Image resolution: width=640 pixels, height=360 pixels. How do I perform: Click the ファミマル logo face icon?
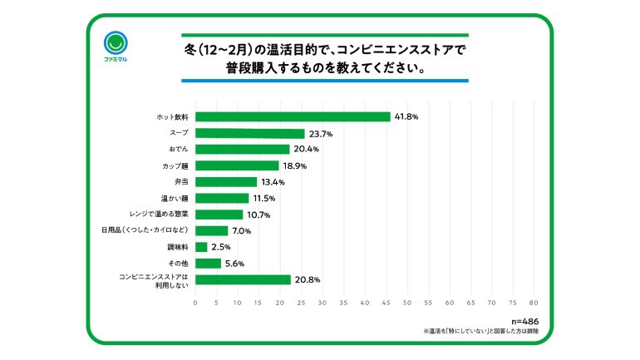click(x=116, y=43)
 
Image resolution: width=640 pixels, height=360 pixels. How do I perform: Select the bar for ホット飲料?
click(x=293, y=117)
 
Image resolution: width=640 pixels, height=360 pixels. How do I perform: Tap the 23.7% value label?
click(x=320, y=133)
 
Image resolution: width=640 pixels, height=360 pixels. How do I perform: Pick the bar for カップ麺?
click(x=237, y=165)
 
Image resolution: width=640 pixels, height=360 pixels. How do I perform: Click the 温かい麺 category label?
click(x=175, y=198)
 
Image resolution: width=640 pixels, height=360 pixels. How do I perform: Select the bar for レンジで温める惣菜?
click(x=219, y=215)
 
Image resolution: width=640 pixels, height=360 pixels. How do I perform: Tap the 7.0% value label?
click(x=242, y=230)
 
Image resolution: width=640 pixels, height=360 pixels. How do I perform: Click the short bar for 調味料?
click(x=201, y=247)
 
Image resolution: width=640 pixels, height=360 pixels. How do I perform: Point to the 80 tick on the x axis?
click(x=534, y=303)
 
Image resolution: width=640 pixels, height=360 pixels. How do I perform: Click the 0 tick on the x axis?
click(x=195, y=303)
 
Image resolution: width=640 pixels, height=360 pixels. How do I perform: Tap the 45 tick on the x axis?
click(x=386, y=303)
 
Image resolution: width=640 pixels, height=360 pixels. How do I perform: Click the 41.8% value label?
click(x=405, y=117)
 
